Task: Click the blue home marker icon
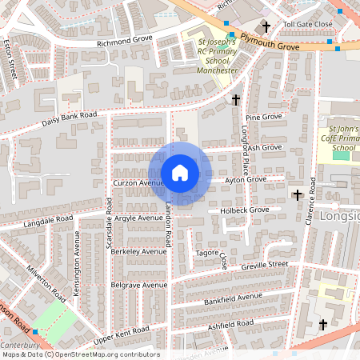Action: click(x=180, y=173)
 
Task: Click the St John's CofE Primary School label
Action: click(x=343, y=138)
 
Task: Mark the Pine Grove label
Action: click(x=263, y=118)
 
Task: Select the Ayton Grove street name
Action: click(x=246, y=180)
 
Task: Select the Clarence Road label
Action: click(x=310, y=201)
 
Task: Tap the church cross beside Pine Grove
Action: click(x=235, y=100)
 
